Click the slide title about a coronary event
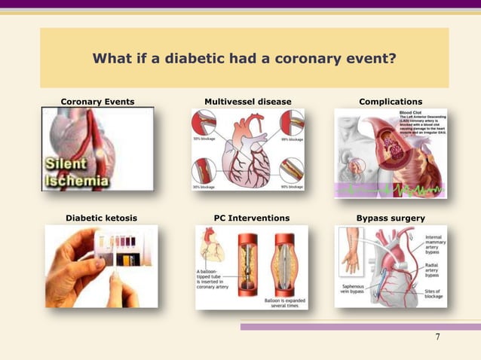coord(244,59)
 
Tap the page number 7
coord(437,336)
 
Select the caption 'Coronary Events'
coord(97,102)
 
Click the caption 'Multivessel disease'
coord(247,102)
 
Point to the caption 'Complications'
coord(391,102)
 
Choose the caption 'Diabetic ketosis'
coord(102,218)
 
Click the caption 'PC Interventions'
coord(251,218)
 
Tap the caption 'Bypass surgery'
coord(391,218)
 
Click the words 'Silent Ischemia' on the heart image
coord(75,172)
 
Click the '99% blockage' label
coord(292,139)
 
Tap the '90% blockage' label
coord(292,186)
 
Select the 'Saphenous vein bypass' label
coord(356,289)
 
